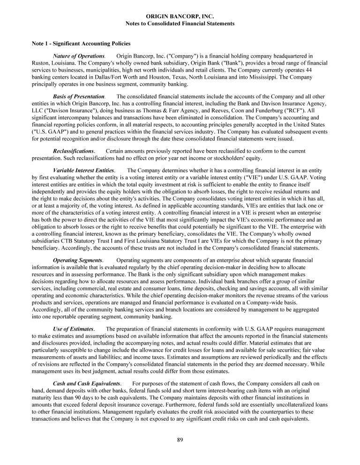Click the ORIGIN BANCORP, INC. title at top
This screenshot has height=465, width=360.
click(x=180, y=16)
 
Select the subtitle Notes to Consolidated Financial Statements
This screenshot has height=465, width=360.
click(x=180, y=23)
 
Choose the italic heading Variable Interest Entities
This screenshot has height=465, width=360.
click(x=83, y=170)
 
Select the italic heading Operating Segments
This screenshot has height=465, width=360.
click(x=78, y=260)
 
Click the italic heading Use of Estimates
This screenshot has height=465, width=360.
click(x=74, y=329)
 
